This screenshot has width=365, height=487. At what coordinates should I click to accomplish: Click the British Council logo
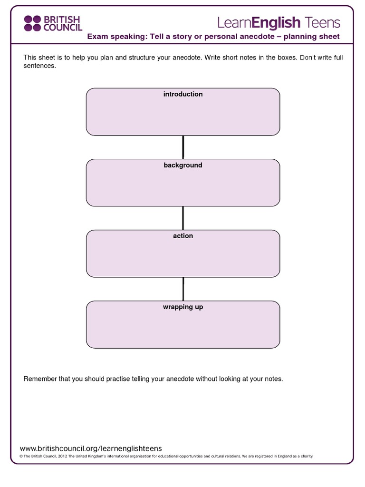(53, 23)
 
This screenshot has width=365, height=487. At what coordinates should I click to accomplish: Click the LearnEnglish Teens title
(279, 22)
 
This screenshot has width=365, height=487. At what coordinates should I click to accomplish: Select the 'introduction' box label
(183, 94)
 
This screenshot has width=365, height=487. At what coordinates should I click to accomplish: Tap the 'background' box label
(183, 165)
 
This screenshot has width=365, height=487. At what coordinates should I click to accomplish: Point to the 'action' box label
(183, 236)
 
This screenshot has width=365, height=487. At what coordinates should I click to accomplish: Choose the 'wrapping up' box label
(183, 307)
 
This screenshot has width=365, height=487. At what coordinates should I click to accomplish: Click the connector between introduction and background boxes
(183, 147)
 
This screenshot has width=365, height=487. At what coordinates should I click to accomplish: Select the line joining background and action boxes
(183, 218)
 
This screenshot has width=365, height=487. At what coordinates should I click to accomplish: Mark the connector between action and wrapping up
(183, 289)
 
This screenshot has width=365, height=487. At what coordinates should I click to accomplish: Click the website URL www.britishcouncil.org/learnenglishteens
(91, 448)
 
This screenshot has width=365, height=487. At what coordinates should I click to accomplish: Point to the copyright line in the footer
(166, 456)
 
